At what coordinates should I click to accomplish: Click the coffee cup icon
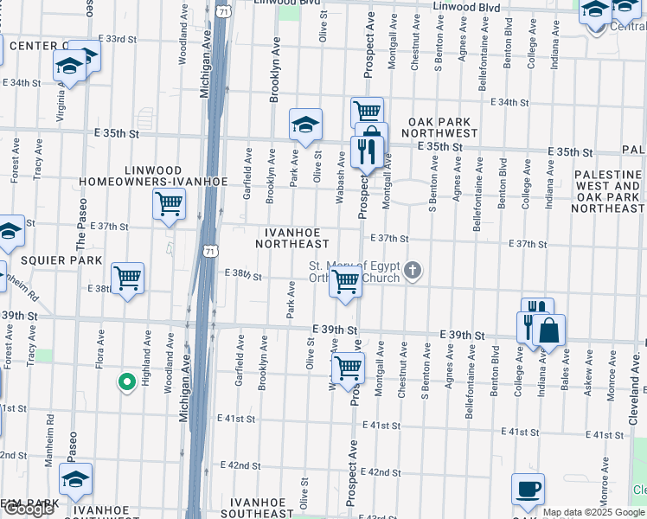[528, 490]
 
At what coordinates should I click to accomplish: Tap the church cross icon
[413, 272]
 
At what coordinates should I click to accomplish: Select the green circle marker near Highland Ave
[125, 381]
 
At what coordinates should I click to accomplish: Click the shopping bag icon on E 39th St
[548, 330]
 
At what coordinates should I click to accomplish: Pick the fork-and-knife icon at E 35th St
[368, 153]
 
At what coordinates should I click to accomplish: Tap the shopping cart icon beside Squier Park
[128, 278]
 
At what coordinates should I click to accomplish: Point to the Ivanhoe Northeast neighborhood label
[293, 238]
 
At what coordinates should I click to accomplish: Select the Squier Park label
[49, 259]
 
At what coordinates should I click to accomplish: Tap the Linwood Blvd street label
[466, 7]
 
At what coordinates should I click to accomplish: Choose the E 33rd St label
[118, 39]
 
